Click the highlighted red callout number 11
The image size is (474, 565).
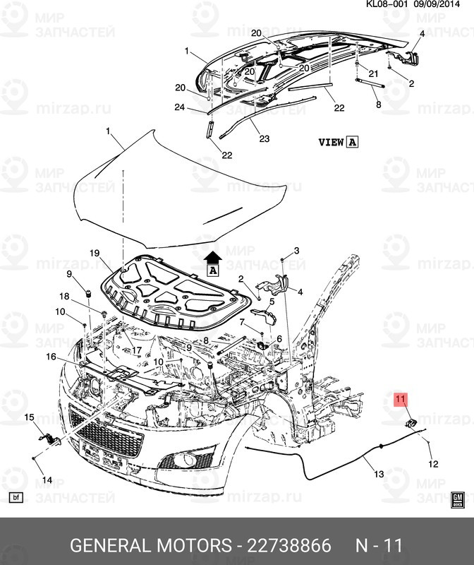pyautogui.click(x=401, y=400)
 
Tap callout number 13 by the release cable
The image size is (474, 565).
pyautogui.click(x=379, y=474)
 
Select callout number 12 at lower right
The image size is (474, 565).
pyautogui.click(x=433, y=464)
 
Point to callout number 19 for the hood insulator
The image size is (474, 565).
pyautogui.click(x=94, y=252)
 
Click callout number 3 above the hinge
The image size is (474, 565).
pyautogui.click(x=297, y=251)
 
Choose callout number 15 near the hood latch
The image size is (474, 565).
pyautogui.click(x=30, y=418)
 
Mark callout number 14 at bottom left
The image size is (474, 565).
pyautogui.click(x=47, y=480)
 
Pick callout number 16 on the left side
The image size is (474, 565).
pyautogui.click(x=51, y=357)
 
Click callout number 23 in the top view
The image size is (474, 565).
pyautogui.click(x=264, y=138)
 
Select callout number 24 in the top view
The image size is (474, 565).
pyautogui.click(x=180, y=107)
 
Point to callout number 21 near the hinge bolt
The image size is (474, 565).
pyautogui.click(x=373, y=73)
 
